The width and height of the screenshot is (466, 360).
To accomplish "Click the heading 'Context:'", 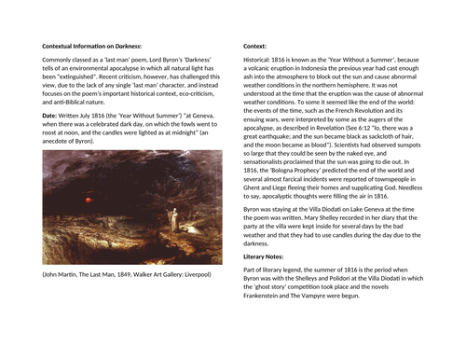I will (x=254, y=45).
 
